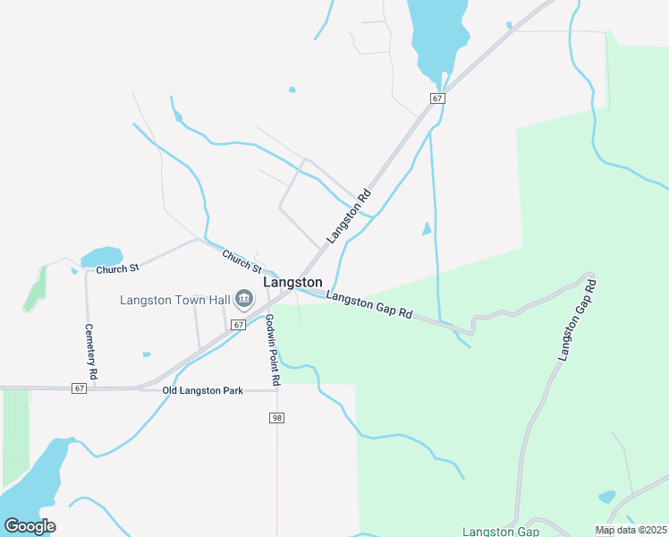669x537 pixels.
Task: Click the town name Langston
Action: coord(292,282)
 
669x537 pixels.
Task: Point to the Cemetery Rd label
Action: coord(89,354)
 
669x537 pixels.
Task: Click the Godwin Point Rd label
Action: coord(273,350)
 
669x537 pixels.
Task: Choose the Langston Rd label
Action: coord(349,217)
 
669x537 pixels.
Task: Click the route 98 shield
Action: coord(276,418)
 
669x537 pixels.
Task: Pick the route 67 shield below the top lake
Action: coord(436,98)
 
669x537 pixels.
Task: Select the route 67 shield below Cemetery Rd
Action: coord(80,388)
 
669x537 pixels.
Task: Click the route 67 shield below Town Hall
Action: coord(238,325)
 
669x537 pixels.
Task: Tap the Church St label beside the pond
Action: coord(118,268)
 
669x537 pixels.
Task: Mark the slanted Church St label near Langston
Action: coord(241,261)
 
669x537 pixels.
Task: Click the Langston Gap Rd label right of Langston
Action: coord(368,304)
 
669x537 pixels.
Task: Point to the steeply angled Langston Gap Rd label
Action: coord(577,320)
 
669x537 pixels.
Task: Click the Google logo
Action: coord(30,525)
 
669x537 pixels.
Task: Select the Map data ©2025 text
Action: coord(631,531)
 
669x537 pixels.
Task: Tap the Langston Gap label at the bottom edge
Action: coord(501,532)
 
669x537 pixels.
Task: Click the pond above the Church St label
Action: coord(102,257)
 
